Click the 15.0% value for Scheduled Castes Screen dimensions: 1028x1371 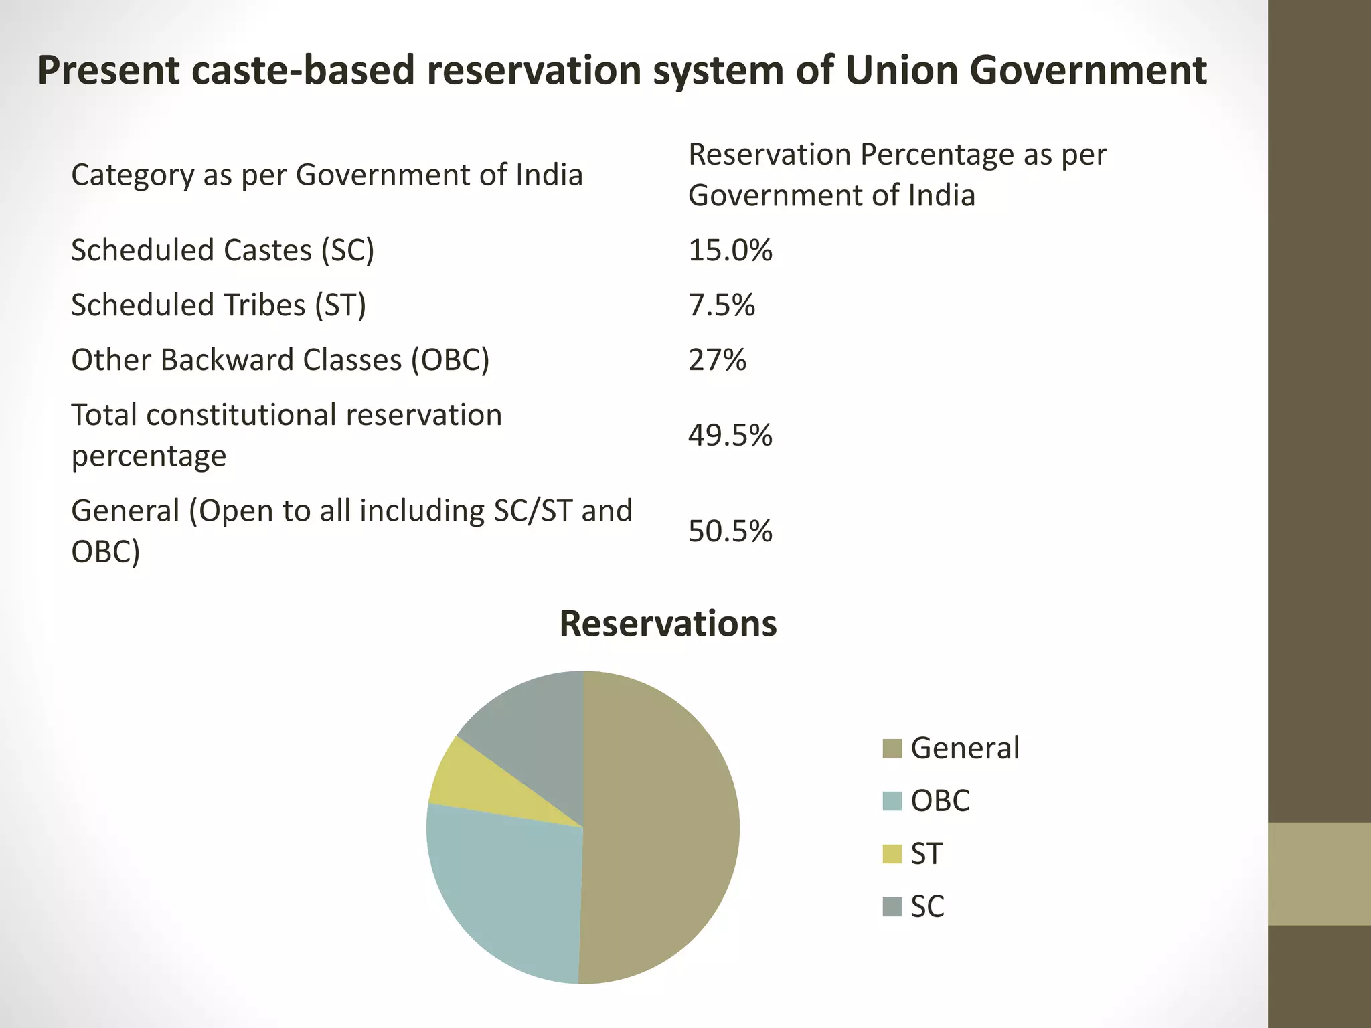point(730,250)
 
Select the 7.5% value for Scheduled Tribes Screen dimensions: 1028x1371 point(721,305)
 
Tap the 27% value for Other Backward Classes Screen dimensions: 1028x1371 point(717,360)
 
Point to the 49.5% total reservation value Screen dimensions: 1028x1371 point(730,436)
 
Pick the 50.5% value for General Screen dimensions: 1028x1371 point(730,531)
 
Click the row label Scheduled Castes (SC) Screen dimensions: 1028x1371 point(222,250)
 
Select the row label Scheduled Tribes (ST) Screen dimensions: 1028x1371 point(218,305)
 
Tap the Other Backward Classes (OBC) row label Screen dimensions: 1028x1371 point(280,360)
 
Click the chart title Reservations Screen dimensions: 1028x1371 point(667,624)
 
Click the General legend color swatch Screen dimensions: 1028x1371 point(892,748)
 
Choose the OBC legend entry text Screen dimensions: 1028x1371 point(940,801)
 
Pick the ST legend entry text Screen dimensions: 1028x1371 point(926,854)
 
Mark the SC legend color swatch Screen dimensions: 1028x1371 point(892,907)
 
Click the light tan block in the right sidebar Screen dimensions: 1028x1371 point(1319,873)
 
